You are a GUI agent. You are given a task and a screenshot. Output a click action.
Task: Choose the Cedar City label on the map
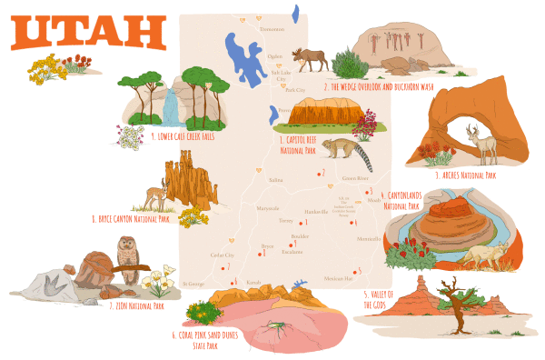(x=223, y=255)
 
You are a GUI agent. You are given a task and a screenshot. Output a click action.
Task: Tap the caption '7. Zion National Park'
(x=136, y=306)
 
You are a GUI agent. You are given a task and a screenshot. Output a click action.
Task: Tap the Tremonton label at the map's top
(x=272, y=29)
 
